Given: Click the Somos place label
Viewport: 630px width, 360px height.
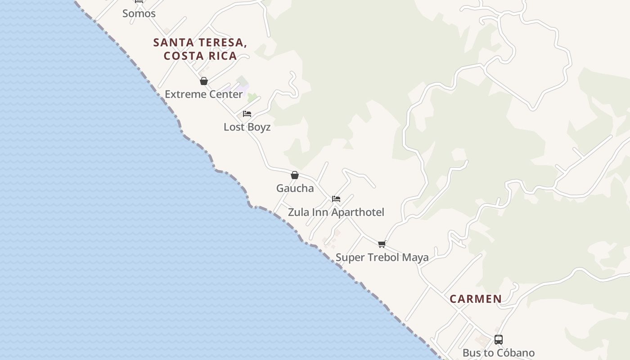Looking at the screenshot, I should click(139, 13).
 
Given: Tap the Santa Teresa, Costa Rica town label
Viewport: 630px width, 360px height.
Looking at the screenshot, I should click(200, 49).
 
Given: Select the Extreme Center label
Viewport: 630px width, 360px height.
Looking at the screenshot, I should click(204, 94).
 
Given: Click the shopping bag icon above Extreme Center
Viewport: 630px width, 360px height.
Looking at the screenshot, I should click(204, 81).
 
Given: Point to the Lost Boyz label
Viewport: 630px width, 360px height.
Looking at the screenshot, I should click(247, 127).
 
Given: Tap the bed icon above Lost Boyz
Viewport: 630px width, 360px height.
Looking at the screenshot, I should click(247, 114).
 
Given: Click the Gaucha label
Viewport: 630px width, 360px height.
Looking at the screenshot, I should click(295, 188).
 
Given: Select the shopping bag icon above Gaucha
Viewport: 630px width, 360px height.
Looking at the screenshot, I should click(295, 175).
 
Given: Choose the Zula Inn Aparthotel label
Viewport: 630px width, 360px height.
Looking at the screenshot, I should click(336, 212).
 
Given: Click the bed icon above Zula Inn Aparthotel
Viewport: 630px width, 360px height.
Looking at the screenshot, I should click(336, 199).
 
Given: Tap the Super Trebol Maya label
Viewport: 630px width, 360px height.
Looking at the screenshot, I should click(382, 257).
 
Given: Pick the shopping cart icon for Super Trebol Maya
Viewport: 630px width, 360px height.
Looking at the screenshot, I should click(382, 244).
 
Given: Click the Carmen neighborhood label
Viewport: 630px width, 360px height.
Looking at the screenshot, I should click(476, 299).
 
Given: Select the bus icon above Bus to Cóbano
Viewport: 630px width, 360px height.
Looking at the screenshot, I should click(499, 340).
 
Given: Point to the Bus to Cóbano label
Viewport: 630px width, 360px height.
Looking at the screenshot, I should click(499, 353).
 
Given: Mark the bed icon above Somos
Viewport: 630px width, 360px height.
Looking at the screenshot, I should click(139, 1).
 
